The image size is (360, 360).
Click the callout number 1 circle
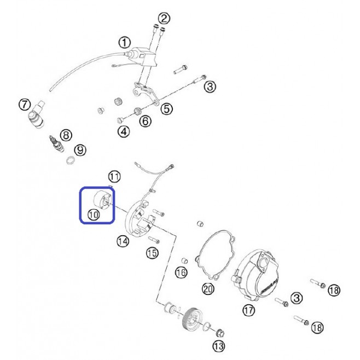coord(124,43)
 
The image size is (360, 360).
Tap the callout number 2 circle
coord(164,19)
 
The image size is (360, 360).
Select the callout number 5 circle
coord(166,108)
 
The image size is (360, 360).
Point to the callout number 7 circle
coord(25,104)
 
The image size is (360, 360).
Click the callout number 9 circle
coord(80,150)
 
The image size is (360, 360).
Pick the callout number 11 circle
coord(114,177)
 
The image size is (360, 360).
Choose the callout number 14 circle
coord(123,241)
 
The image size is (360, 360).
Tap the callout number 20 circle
coord(208,289)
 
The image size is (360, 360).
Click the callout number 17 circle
coord(248,310)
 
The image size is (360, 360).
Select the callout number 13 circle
coord(219,346)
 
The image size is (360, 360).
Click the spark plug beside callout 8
coord(56,144)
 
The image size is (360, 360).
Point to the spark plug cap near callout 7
coord(36,114)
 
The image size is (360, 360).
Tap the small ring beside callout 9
coord(71,160)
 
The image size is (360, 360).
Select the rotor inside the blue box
coord(103,200)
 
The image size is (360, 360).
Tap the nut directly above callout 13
coord(220,332)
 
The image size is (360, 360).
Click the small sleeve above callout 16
coord(184,261)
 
